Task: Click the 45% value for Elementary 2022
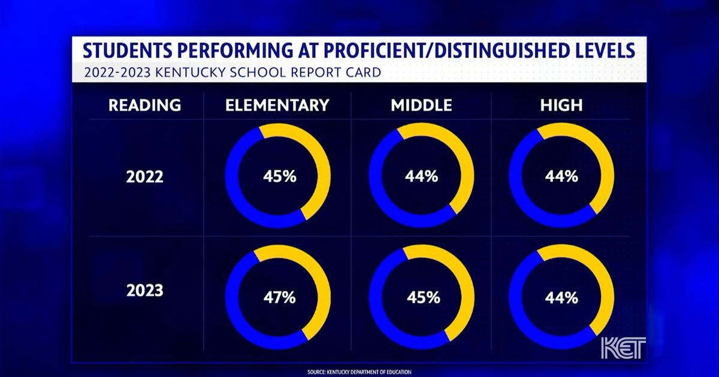278,177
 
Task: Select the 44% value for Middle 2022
422,177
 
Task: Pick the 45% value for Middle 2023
423,297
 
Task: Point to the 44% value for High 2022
561,177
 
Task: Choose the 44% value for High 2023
561,297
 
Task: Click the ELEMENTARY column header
277,105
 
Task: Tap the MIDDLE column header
421,105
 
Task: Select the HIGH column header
561,105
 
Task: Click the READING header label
144,105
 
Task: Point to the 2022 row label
144,178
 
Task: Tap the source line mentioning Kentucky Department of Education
359,372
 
